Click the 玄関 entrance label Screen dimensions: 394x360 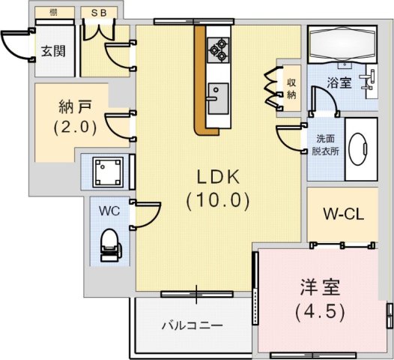(53, 51)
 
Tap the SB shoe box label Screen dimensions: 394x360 (99, 13)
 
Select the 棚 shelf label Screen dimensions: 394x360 (53, 12)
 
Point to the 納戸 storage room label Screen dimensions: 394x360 (75, 106)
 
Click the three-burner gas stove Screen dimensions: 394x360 (219, 50)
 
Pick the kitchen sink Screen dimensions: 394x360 (218, 98)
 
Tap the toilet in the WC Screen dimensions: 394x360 (111, 245)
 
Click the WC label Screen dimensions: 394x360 (109, 211)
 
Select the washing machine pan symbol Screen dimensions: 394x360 (108, 172)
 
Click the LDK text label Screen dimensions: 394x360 (218, 177)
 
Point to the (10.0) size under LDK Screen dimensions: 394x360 (218, 200)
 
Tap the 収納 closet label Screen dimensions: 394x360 (291, 88)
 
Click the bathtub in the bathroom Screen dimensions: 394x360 (342, 44)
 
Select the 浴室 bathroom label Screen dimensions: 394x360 (339, 82)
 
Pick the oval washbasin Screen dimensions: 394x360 (359, 149)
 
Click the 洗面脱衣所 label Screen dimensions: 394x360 (325, 145)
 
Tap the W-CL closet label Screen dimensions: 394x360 (343, 214)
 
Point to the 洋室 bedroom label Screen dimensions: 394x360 (320, 287)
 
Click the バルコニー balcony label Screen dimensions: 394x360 (193, 325)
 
